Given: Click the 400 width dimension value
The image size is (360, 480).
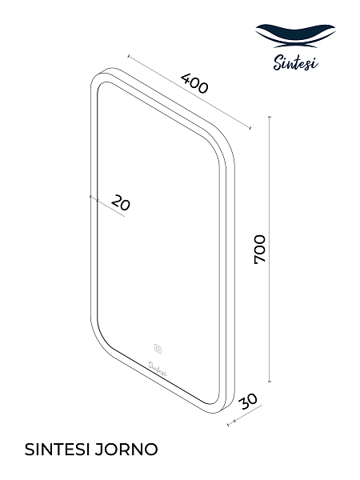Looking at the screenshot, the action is (x=194, y=83).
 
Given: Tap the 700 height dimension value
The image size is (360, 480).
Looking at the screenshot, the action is (x=260, y=249).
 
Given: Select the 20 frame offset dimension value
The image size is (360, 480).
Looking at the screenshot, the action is (x=120, y=202).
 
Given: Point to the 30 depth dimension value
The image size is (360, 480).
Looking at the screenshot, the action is (x=249, y=402).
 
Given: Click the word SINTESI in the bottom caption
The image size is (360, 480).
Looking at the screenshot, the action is (x=57, y=450).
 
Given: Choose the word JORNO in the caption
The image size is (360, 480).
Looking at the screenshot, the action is (x=126, y=450).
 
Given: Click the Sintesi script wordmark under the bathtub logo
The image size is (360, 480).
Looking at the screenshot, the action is (x=295, y=62).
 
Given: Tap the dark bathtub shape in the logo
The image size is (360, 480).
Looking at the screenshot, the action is (x=295, y=34).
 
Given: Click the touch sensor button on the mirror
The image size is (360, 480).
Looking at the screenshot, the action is (x=158, y=349).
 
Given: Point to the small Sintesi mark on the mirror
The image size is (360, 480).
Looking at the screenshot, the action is (x=158, y=369).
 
